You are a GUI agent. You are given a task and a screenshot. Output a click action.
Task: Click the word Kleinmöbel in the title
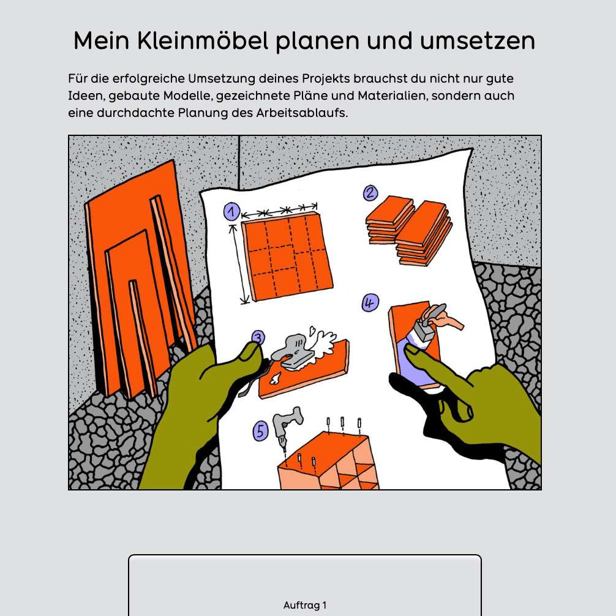tap(203, 40)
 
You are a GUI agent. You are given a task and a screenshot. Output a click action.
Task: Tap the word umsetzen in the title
tap(478, 41)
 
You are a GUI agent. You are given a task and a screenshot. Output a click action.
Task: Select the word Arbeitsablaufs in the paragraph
tap(302, 113)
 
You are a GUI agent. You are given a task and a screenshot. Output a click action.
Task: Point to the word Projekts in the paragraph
tap(326, 79)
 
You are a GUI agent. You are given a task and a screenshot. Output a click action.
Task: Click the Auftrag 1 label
tap(305, 606)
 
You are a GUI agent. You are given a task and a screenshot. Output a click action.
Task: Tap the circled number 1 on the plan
tap(232, 211)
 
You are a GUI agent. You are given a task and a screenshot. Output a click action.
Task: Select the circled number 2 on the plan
tap(370, 193)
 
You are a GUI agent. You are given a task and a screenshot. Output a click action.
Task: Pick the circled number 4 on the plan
tap(370, 302)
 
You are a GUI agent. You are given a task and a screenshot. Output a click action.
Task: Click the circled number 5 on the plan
tap(260, 431)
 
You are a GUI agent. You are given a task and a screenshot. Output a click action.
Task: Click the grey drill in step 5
tap(287, 425)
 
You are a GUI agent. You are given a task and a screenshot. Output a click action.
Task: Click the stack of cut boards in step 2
tap(409, 229)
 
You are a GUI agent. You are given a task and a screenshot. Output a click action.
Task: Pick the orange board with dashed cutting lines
tap(287, 255)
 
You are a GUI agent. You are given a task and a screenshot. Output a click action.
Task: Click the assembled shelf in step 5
tap(329, 461)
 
